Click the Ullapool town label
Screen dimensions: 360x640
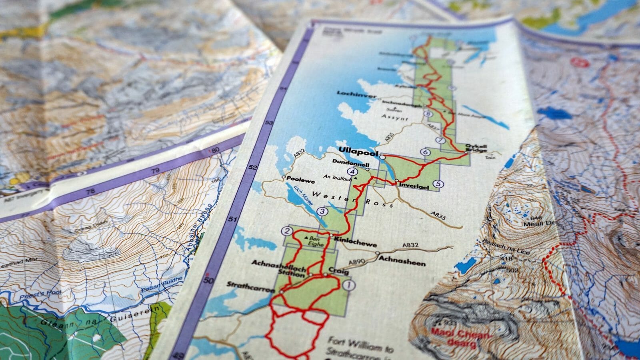click(358, 150)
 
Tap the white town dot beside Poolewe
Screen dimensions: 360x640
click(284, 176)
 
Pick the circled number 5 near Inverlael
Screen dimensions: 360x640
click(439, 184)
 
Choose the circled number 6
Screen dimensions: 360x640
click(425, 152)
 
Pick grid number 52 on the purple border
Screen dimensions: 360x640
click(252, 167)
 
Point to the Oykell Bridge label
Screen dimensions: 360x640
click(477, 148)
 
